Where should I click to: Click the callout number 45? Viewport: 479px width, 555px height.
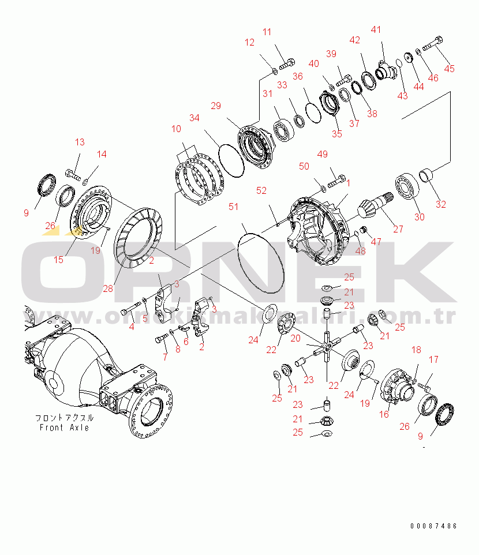[449, 69]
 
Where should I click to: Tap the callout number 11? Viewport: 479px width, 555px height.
[267, 32]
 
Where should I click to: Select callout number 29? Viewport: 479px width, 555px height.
[215, 106]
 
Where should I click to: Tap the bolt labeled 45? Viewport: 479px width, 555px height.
[433, 43]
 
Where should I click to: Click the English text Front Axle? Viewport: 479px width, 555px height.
[64, 427]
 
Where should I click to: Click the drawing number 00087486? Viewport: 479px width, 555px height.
[433, 526]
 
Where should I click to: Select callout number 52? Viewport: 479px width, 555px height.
[261, 190]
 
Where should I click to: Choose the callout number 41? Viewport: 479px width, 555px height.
[376, 29]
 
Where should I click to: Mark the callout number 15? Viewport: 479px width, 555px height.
[58, 260]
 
